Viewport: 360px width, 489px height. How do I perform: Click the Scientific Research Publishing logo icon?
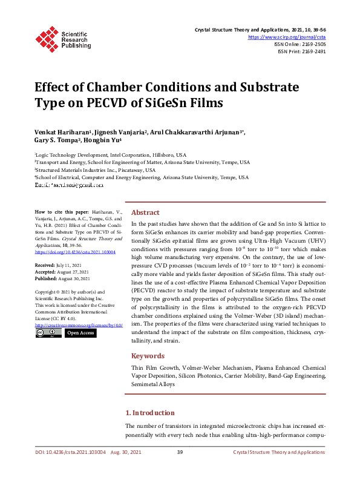tap(47, 38)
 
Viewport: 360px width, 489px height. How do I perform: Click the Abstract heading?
tap(145, 212)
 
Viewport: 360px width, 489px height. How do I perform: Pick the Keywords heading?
tap(148, 356)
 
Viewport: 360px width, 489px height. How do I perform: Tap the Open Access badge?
tap(80, 333)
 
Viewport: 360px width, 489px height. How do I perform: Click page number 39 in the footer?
tap(180, 453)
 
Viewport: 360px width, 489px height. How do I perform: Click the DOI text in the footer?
tap(70, 453)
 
